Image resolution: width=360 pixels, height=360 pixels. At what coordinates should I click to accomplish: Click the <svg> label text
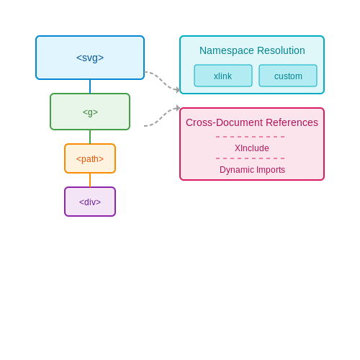(90, 58)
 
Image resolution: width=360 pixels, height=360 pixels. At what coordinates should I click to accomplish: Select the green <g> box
(90, 112)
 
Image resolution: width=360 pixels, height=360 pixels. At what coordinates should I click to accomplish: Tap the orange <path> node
(90, 158)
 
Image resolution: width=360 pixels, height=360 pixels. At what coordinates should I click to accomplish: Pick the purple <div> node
(90, 202)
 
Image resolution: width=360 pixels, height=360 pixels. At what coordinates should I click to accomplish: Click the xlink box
(223, 76)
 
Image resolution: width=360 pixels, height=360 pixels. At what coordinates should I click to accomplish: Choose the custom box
(288, 76)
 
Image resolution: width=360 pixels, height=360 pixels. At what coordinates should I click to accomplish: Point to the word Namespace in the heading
(227, 51)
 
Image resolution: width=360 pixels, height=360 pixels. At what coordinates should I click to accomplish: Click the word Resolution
(281, 50)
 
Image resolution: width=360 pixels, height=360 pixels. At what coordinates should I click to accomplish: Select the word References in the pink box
(292, 122)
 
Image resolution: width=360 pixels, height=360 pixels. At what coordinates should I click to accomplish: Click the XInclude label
(252, 148)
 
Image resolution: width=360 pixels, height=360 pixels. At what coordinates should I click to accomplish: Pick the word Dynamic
(236, 170)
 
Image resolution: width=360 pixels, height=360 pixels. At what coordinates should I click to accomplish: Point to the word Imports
(271, 170)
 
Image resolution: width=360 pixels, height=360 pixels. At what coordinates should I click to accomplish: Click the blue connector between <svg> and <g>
(90, 86)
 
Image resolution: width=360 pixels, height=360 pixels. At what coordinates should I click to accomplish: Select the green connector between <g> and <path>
(90, 137)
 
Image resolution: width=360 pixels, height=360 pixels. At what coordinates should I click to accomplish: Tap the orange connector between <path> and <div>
(90, 180)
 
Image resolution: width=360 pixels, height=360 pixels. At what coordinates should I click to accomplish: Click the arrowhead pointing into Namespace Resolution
(178, 90)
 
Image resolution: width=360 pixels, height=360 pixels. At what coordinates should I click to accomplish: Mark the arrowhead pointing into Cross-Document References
(178, 108)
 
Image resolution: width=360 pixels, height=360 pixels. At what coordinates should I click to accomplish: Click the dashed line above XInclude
(251, 137)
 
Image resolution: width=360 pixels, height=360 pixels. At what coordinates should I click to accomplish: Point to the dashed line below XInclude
(251, 158)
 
